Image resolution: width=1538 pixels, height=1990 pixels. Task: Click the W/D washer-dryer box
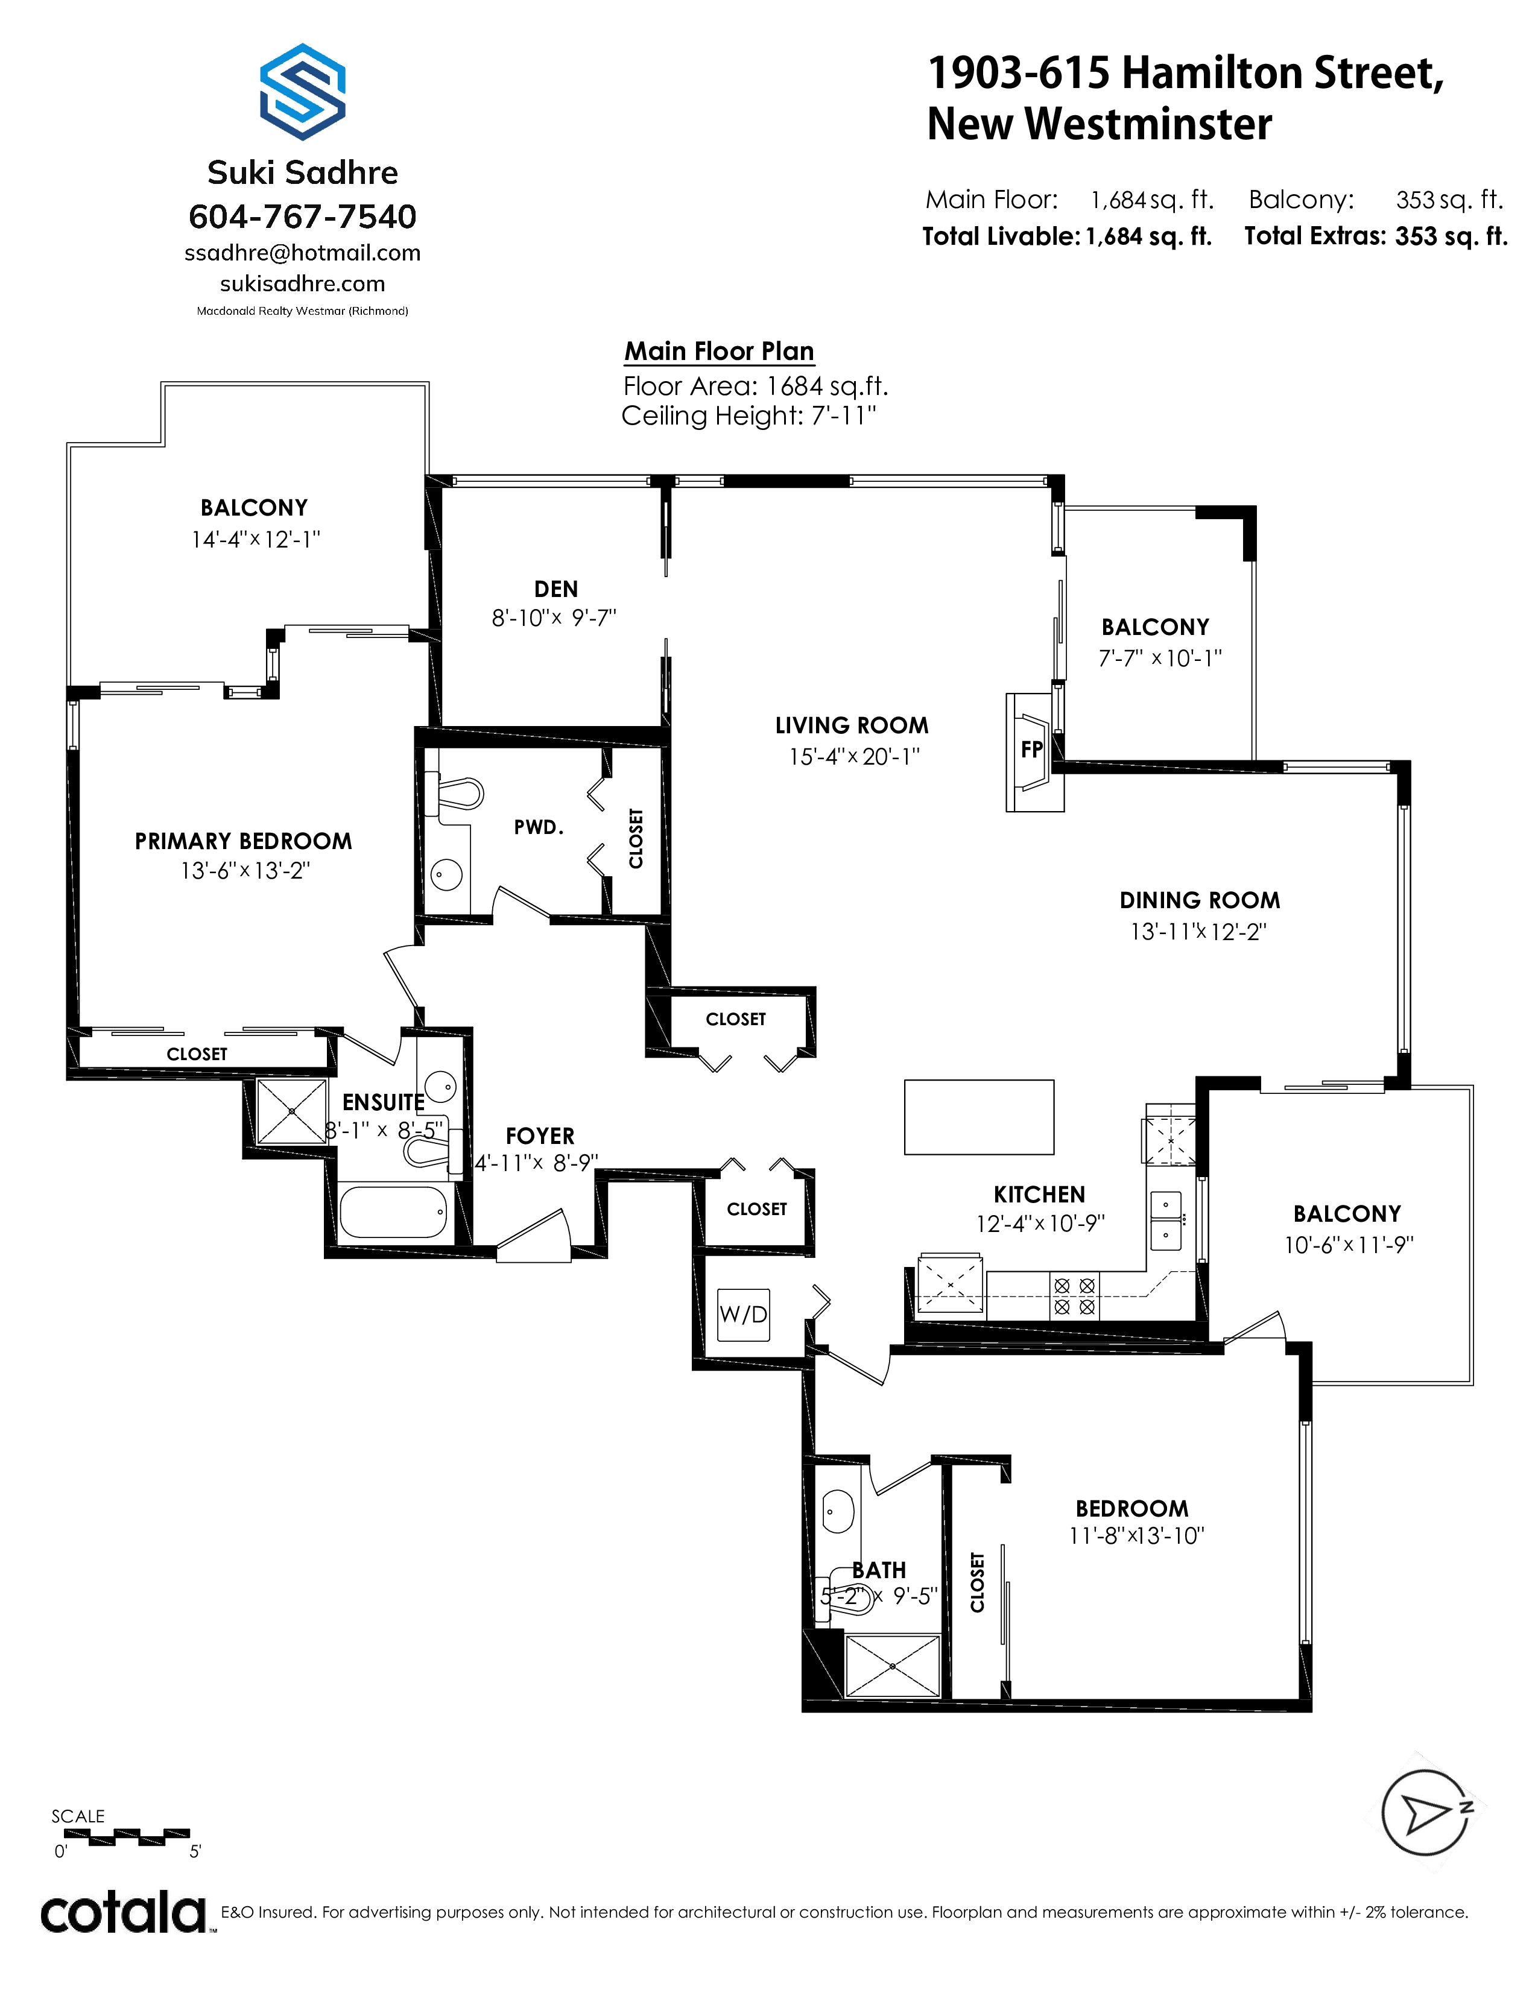pos(744,1314)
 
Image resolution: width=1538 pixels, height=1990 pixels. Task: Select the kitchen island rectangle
pos(978,1117)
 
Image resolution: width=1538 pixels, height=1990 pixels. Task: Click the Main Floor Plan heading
pos(719,351)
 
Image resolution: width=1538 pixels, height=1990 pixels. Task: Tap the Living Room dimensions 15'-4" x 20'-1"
pos(855,756)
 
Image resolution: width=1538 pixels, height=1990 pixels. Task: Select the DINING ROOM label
pos(1200,900)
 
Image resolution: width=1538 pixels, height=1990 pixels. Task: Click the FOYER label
pos(540,1136)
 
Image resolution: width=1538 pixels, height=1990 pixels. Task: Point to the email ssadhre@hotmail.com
pos(303,253)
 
